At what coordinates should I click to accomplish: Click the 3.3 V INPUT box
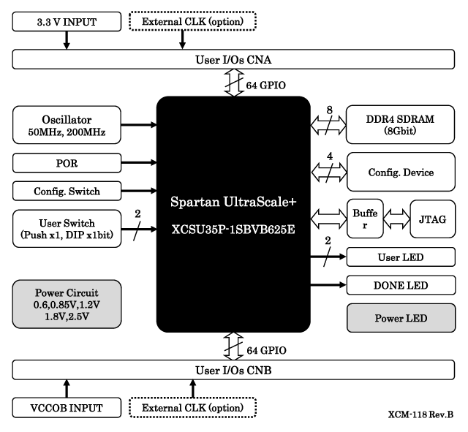tap(66, 22)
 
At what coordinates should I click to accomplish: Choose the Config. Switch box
tap(66, 192)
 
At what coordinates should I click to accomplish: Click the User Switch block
tap(66, 230)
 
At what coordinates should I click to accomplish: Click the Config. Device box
tap(400, 173)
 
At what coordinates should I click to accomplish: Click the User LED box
tap(400, 257)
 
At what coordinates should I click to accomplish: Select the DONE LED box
tap(400, 285)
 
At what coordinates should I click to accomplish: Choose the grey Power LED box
tap(400, 319)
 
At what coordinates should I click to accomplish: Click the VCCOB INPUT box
tap(66, 406)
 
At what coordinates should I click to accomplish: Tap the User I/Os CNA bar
tap(234, 58)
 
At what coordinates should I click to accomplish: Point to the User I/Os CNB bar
tap(234, 370)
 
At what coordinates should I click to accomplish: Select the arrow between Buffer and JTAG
tap(395, 218)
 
